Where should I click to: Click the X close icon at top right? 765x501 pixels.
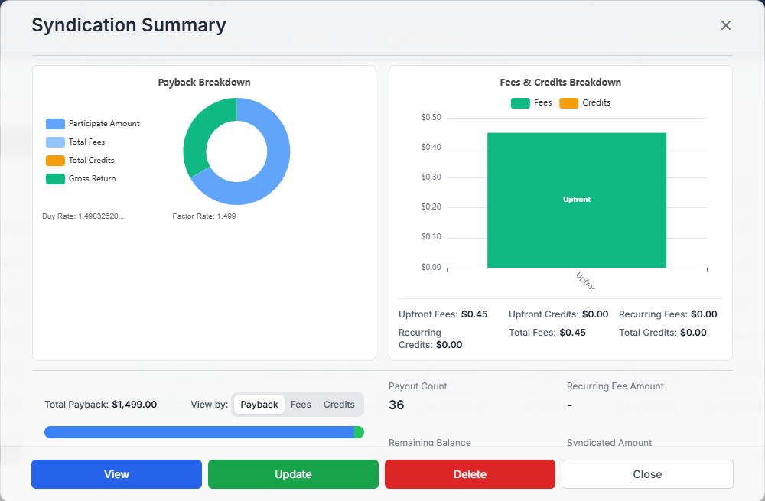tap(726, 25)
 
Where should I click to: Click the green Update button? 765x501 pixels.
tap(293, 474)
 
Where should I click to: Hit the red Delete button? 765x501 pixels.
tap(470, 474)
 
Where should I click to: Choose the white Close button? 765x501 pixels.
tap(647, 474)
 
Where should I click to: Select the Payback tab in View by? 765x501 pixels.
tap(259, 405)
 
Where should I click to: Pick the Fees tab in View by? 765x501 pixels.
tap(301, 405)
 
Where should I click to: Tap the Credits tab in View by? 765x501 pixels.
tap(339, 405)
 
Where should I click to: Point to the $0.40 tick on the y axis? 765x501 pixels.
tap(431, 148)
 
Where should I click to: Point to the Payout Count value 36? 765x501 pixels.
tap(396, 405)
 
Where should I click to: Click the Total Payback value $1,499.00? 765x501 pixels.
tap(134, 405)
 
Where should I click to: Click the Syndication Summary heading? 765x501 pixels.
tap(129, 25)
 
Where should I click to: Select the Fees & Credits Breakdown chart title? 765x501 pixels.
tap(560, 83)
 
